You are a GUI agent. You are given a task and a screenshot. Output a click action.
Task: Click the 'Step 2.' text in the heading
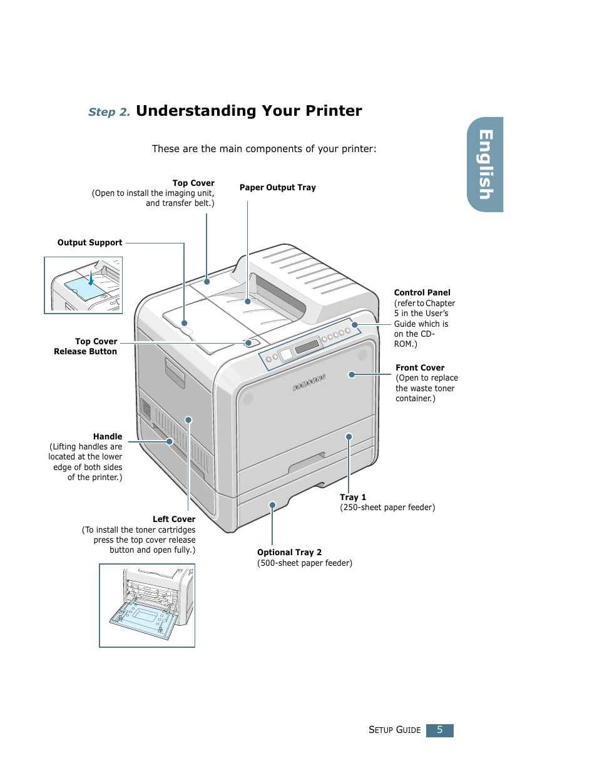click(x=109, y=112)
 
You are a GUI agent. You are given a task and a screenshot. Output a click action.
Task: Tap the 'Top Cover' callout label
click(x=193, y=183)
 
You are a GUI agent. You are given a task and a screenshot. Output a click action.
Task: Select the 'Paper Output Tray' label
click(x=277, y=188)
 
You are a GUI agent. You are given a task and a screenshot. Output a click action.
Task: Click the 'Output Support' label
click(x=89, y=243)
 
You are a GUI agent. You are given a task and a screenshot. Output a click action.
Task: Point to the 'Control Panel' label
click(x=422, y=293)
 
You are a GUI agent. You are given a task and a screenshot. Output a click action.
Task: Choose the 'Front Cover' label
click(x=420, y=368)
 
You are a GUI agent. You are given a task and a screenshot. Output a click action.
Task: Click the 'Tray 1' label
click(x=353, y=498)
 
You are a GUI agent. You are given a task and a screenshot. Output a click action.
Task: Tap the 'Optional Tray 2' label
click(x=289, y=553)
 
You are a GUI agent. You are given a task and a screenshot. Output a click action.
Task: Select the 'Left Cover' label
click(x=174, y=520)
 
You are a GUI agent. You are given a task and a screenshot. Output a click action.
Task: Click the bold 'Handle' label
click(x=108, y=437)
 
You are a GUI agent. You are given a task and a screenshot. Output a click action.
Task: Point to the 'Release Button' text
click(x=85, y=352)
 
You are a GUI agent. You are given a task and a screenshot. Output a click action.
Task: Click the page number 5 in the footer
click(x=439, y=730)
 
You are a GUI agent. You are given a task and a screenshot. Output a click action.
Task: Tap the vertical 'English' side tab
click(x=486, y=165)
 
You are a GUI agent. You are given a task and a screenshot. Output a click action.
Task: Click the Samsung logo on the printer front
click(x=309, y=382)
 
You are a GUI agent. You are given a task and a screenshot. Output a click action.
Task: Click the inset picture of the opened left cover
click(x=147, y=605)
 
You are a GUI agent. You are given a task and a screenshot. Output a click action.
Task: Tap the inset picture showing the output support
click(x=83, y=285)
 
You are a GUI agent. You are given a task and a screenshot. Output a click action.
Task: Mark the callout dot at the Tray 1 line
click(x=349, y=437)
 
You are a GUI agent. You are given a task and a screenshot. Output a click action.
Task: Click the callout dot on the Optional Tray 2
click(x=272, y=504)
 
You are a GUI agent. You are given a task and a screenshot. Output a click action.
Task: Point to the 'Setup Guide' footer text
click(x=394, y=730)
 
